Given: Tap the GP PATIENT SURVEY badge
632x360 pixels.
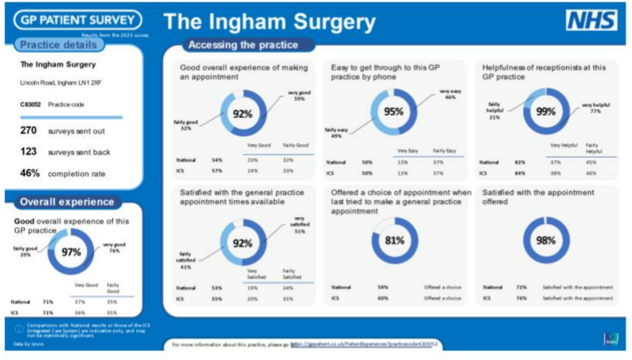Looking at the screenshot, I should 77,20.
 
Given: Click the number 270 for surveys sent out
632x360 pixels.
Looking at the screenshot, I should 28,130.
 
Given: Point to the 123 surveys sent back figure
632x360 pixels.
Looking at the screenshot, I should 28,152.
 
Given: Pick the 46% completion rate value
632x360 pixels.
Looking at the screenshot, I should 30,174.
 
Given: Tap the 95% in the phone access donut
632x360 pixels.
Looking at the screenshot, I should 393,112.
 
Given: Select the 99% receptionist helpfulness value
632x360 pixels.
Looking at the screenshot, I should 546,112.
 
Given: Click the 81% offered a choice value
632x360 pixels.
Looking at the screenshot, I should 394,240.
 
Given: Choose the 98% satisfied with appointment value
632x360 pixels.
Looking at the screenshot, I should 546,240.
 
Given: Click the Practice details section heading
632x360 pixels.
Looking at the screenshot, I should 59,45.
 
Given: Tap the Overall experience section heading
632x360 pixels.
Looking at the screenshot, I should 67,202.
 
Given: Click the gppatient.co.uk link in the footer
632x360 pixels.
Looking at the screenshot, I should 364,343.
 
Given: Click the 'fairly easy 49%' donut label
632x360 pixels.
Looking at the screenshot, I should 336,133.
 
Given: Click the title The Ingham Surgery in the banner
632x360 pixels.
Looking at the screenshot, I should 270,23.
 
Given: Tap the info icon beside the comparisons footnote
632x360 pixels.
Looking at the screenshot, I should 19,329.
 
